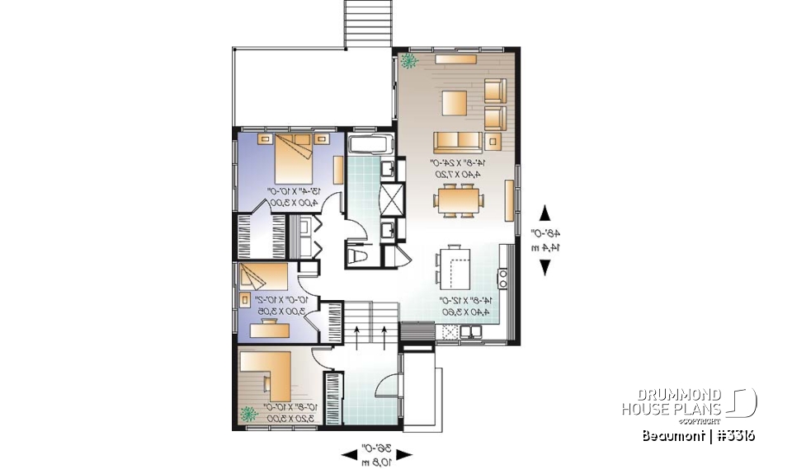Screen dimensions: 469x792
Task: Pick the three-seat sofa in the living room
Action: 457,139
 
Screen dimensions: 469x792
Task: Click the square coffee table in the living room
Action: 455,103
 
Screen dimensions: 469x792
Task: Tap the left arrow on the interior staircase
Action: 356,334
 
